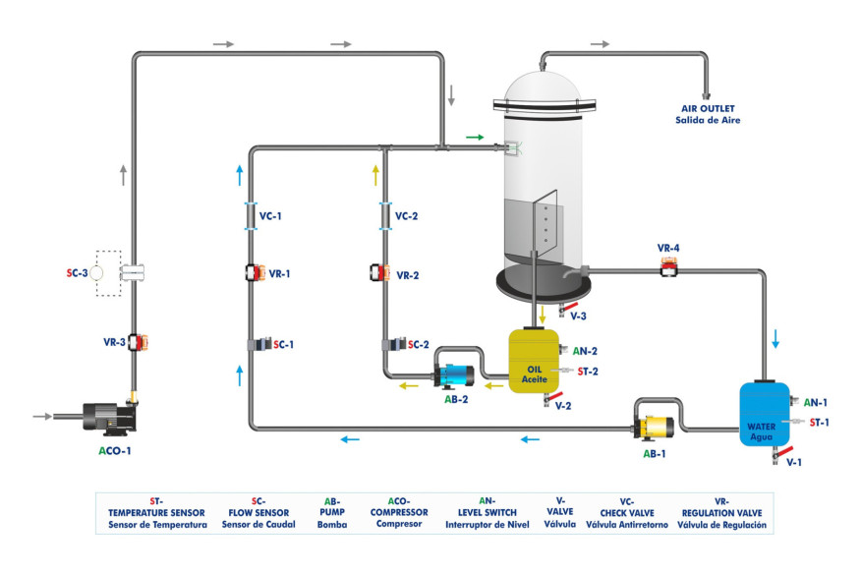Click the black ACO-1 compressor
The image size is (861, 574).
pyautogui.click(x=103, y=415)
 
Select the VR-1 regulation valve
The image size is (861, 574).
pyautogui.click(x=252, y=274)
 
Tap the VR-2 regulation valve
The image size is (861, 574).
pyautogui.click(x=378, y=274)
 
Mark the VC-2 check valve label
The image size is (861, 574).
pyautogui.click(x=408, y=216)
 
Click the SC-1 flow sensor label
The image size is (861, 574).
pyautogui.click(x=284, y=345)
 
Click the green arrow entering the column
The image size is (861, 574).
pyautogui.click(x=475, y=138)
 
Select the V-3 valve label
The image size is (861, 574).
pyautogui.click(x=578, y=316)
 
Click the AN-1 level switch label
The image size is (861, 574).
pyautogui.click(x=816, y=403)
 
